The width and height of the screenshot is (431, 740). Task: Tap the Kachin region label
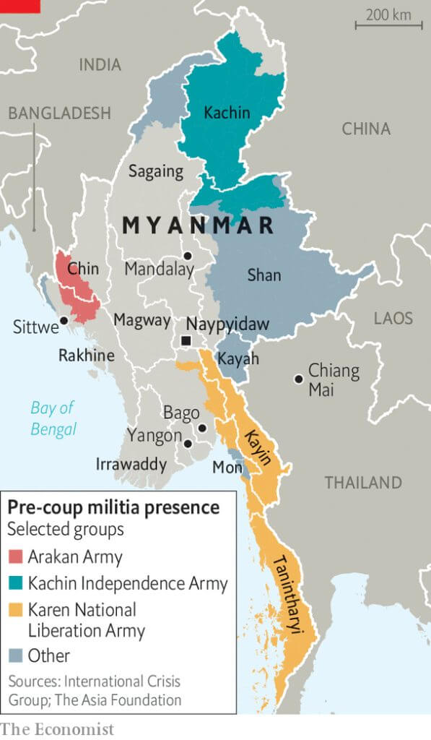227,113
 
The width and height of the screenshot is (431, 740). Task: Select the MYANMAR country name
198,225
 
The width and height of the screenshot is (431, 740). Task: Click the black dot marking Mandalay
188,256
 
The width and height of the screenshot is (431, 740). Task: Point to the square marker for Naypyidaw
186,341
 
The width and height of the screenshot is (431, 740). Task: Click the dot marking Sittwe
64,320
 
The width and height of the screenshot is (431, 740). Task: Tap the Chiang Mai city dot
297,379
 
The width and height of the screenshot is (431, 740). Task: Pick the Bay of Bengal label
53,418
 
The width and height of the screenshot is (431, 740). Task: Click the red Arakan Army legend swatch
16,556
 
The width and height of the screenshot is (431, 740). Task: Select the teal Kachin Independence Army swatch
16,583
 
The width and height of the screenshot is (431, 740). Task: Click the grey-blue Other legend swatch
16,656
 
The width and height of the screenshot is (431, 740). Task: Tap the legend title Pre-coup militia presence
113,507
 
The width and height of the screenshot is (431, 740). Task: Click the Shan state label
264,275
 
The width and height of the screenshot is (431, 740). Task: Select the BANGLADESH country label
59,113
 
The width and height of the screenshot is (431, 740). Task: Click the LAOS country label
393,319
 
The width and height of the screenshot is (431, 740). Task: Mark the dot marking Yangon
188,444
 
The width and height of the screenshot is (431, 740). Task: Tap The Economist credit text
58,729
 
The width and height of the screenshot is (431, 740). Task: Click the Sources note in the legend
94,690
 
